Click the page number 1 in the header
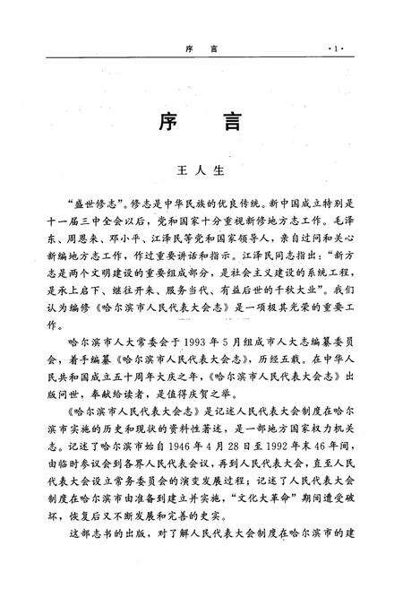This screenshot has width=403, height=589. point(336,45)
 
